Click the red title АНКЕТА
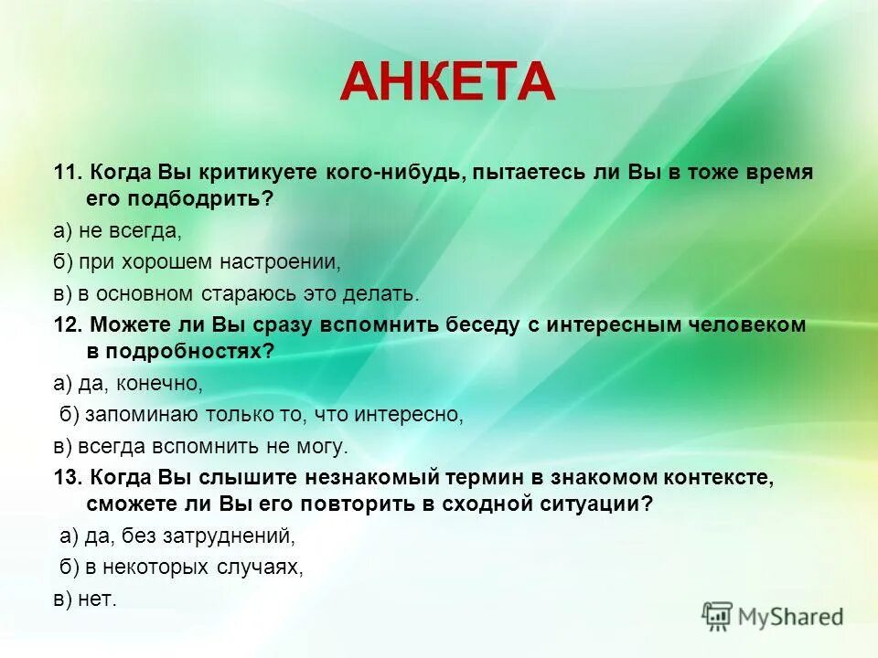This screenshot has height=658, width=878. point(447,81)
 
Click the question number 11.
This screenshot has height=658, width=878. point(68,173)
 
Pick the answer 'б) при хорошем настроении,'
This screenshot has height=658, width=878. point(196,261)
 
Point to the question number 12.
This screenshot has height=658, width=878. point(68,324)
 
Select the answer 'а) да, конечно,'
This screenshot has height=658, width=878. point(127,383)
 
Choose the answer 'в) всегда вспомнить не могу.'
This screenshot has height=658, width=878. point(200,446)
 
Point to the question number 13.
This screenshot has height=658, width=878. point(68,477)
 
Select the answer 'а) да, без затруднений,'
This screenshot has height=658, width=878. point(177,536)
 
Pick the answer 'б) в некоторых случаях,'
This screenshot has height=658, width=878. point(181,567)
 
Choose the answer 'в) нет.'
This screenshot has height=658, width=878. point(85,599)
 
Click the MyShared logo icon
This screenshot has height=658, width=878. point(717,617)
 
